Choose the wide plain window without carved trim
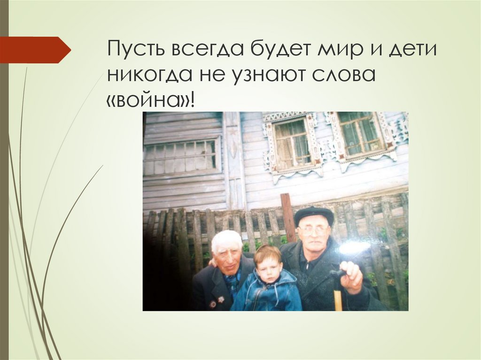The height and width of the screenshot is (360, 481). click(181, 157)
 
